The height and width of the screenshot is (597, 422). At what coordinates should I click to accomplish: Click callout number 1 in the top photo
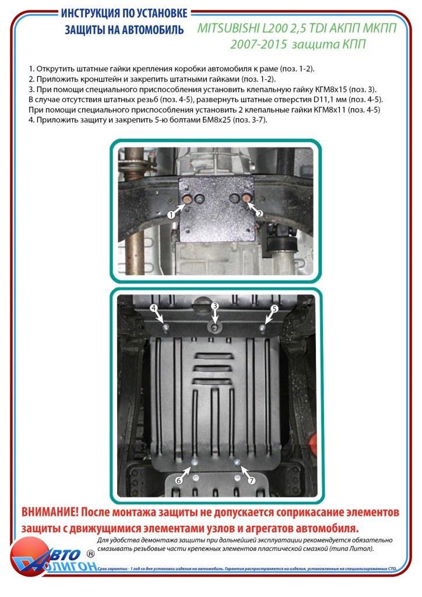[171, 215]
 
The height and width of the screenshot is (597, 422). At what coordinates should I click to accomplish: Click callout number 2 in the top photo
[260, 213]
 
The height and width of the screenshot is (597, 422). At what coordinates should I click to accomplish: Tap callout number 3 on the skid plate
[214, 306]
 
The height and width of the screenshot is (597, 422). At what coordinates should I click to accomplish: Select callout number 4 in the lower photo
[154, 308]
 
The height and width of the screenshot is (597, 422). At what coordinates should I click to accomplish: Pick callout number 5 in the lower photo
[275, 308]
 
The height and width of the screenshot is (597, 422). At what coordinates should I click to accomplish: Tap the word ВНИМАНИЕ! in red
[50, 512]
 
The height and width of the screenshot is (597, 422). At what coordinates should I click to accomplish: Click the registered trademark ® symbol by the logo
[90, 552]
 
